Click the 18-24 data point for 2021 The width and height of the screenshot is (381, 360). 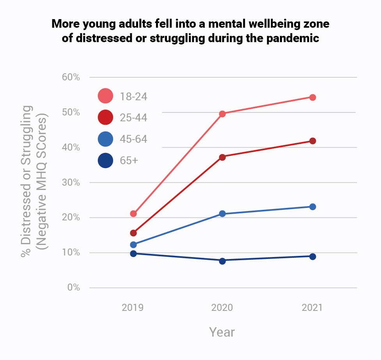coord(312,97)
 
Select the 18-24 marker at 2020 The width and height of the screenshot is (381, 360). coord(222,114)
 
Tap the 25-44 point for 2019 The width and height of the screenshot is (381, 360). coord(133,233)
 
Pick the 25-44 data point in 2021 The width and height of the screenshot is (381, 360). coord(312,141)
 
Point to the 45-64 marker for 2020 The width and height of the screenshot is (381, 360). coord(222,214)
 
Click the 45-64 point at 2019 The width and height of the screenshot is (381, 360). coord(133,245)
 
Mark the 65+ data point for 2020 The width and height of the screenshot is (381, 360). coord(222,261)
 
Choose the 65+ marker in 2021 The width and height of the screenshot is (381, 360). coord(312,256)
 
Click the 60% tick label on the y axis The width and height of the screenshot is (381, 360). coord(71,77)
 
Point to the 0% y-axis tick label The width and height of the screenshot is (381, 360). coord(73,288)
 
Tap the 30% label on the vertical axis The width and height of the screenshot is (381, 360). coord(71,183)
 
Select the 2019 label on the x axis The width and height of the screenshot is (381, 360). coord(133,308)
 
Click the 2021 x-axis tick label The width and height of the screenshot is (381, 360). coord(312,308)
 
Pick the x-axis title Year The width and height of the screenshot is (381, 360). coord(222,332)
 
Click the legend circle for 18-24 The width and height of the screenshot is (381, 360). coord(105,96)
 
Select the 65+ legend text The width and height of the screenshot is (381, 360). coord(129,160)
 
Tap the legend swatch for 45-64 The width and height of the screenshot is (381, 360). coord(105,139)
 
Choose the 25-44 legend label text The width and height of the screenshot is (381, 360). coord(134,117)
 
